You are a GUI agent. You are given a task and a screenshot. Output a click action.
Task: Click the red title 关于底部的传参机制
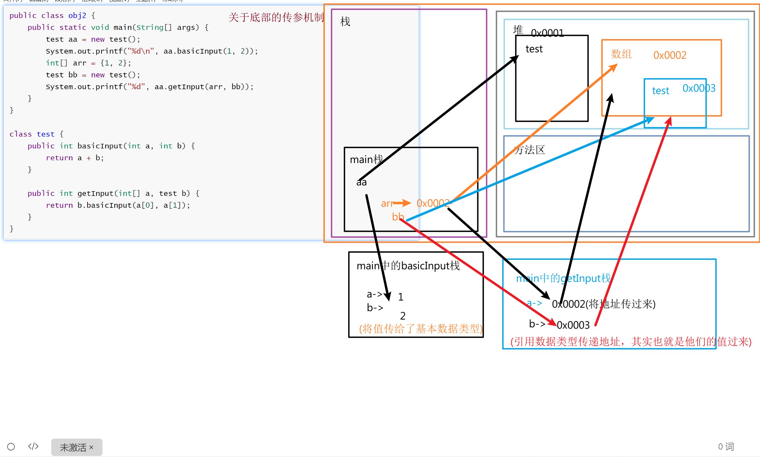click(276, 17)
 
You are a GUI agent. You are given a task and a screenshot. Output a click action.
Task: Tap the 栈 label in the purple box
click(345, 22)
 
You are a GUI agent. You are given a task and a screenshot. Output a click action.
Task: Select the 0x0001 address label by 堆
click(547, 33)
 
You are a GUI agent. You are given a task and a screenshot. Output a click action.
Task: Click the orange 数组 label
click(621, 54)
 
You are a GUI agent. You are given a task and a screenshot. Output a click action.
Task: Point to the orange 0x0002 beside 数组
click(670, 55)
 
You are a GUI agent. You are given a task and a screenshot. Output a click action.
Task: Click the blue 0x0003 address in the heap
click(699, 88)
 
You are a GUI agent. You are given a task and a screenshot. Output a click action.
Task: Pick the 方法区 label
click(530, 150)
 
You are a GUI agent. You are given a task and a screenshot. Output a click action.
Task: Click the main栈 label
click(366, 159)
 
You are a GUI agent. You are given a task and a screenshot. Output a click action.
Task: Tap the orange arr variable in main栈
click(387, 203)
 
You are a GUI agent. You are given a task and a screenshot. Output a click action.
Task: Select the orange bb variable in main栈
click(398, 217)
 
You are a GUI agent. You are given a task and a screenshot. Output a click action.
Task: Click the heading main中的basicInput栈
click(408, 266)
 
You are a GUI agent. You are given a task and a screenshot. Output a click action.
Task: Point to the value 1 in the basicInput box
click(401, 297)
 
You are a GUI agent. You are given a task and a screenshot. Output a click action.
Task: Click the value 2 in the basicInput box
click(403, 316)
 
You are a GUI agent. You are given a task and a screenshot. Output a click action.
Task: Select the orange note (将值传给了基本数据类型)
click(421, 329)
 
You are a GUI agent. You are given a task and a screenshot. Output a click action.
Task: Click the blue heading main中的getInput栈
click(563, 278)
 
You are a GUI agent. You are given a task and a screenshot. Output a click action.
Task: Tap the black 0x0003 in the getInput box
click(573, 325)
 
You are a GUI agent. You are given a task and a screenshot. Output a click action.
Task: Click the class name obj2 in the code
click(77, 16)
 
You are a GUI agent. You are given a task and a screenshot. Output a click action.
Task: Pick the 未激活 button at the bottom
click(77, 447)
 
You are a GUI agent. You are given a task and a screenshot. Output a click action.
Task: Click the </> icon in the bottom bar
click(33, 446)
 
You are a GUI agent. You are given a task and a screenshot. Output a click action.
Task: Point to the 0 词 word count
click(726, 446)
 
